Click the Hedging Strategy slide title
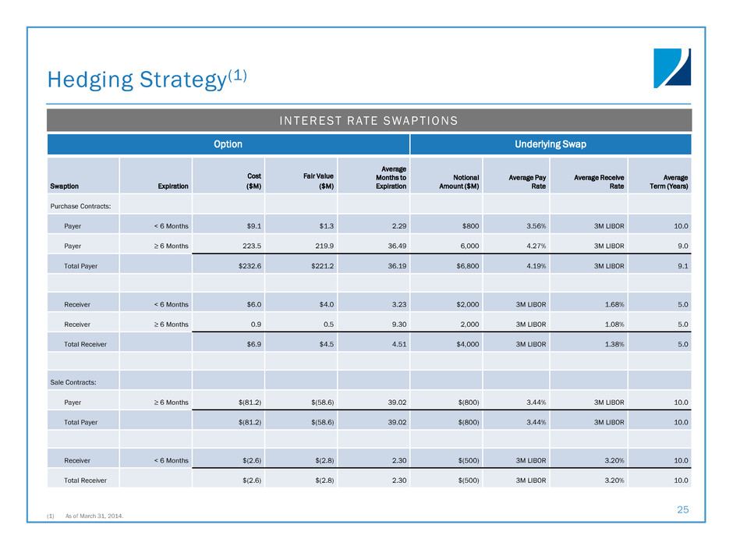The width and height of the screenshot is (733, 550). click(147, 77)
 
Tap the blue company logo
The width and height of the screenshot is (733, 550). click(671, 69)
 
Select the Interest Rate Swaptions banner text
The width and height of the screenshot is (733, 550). click(370, 120)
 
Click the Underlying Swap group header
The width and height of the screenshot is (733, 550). click(551, 144)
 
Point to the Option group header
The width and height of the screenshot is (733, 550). click(228, 144)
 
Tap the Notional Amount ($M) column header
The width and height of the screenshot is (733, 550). click(458, 181)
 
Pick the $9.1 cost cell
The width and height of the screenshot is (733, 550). click(250, 225)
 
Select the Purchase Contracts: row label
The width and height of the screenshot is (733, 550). click(80, 206)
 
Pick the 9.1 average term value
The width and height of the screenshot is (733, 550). click(680, 266)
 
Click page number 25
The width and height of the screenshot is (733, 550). click(683, 510)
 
